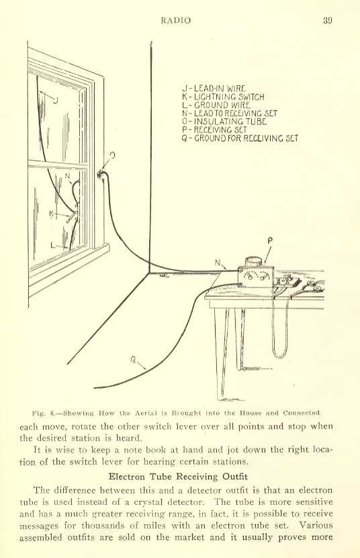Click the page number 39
pos(328,20)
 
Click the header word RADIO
pos(175,20)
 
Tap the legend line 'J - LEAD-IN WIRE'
pos(214,89)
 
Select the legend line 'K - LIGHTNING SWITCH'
pos(223,97)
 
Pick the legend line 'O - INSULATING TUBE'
pos(224,122)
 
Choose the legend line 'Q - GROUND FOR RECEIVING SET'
pos(240,138)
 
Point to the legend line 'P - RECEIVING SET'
pos(214,130)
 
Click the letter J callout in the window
pos(55,100)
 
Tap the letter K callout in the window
pos(52,214)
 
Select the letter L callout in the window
pos(53,245)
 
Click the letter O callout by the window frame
pos(113,155)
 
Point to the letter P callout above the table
pos(270,241)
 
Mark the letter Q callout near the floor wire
pos(133,360)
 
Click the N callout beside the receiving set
pos(218,263)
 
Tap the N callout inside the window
pos(67,176)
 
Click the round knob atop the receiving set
pos(255,262)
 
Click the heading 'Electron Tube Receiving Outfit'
pos(178,477)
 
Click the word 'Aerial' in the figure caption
pos(146,413)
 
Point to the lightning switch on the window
pos(73,216)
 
